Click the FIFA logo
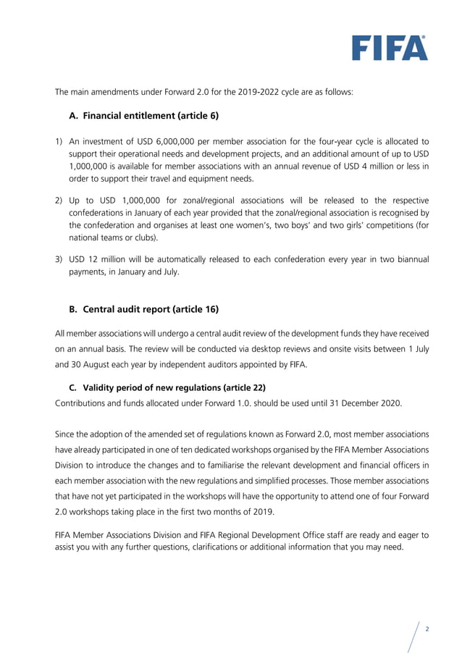(x=390, y=48)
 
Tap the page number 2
(x=427, y=628)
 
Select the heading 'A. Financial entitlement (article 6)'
(x=143, y=115)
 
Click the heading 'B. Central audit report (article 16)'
(x=143, y=309)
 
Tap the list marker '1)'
(x=60, y=141)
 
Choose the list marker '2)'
(x=60, y=200)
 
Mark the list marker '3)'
(x=60, y=259)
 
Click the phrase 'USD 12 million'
(x=97, y=259)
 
